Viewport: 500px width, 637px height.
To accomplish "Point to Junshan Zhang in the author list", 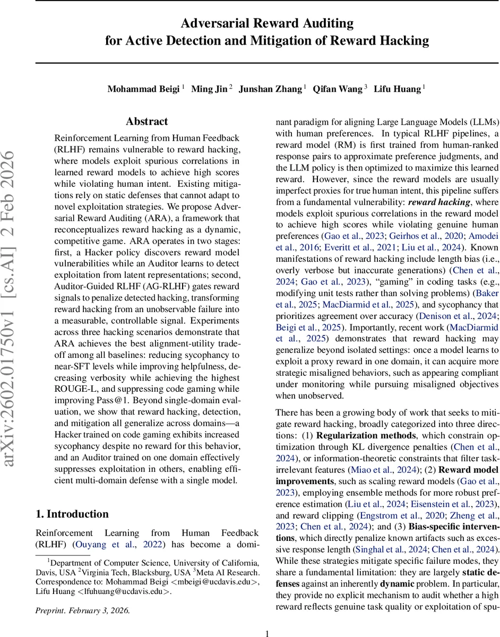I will point(271,89).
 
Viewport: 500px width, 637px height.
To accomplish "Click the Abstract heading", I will point(147,122).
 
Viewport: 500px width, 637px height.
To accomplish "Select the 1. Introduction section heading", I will point(72,514).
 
